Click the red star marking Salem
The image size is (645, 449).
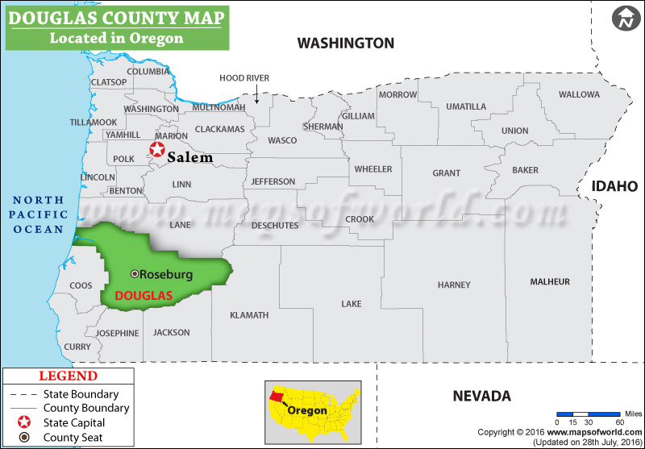pos(156,149)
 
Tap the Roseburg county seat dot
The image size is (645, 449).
pos(135,274)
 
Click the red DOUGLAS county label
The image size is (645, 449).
pos(144,296)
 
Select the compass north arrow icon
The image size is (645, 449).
pos(624,19)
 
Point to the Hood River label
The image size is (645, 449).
pos(244,78)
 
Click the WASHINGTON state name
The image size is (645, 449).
pos(346,43)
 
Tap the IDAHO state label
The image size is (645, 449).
pos(615,186)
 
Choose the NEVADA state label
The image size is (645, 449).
pos(481,396)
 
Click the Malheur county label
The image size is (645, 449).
pos(550,281)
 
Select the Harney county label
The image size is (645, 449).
pos(454,285)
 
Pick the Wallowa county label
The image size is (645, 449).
pos(579,94)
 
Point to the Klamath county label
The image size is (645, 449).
pos(249,315)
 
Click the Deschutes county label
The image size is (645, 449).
pos(275,226)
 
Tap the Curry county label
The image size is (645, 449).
pos(77,347)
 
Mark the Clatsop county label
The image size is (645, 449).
pos(109,82)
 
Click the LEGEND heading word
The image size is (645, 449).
pos(69,376)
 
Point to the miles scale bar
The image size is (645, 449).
pos(589,413)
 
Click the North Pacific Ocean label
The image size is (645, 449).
pos(37,215)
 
